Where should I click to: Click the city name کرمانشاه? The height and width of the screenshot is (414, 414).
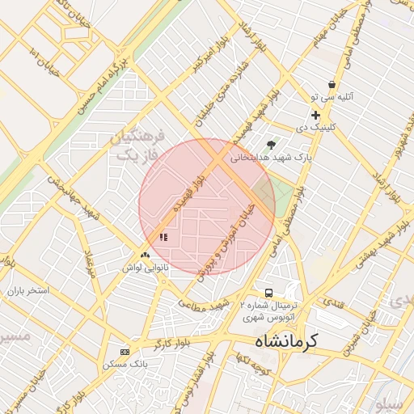[x=298, y=342]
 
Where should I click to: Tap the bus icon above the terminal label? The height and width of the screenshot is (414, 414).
[x=268, y=293]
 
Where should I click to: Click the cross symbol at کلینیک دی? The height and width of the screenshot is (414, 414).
[x=316, y=116]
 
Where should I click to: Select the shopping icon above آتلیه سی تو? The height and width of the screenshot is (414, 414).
[x=332, y=85]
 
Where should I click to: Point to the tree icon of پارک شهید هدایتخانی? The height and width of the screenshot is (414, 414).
[x=271, y=145]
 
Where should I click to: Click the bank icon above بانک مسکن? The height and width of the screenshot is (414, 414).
[x=124, y=352]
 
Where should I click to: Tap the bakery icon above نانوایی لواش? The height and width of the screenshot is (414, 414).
[x=145, y=255]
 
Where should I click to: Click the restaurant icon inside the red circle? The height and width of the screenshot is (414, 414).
[x=164, y=237]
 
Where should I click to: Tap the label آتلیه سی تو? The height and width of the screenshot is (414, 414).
[x=333, y=97]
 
